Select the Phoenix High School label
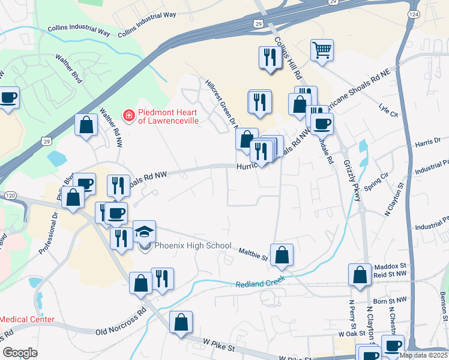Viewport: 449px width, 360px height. pyautogui.click(x=192, y=245)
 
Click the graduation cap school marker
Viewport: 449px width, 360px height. pyautogui.click(x=144, y=231)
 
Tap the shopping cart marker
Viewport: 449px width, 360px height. pyautogui.click(x=322, y=50)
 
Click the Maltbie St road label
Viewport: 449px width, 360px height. pyautogui.click(x=253, y=254)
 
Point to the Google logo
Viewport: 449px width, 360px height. pyautogui.click(x=20, y=352)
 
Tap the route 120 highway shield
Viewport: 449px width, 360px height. pyautogui.click(x=10, y=196)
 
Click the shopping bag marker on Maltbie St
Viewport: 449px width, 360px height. pyautogui.click(x=282, y=255)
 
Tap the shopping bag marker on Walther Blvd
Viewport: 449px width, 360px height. pyautogui.click(x=86, y=125)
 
